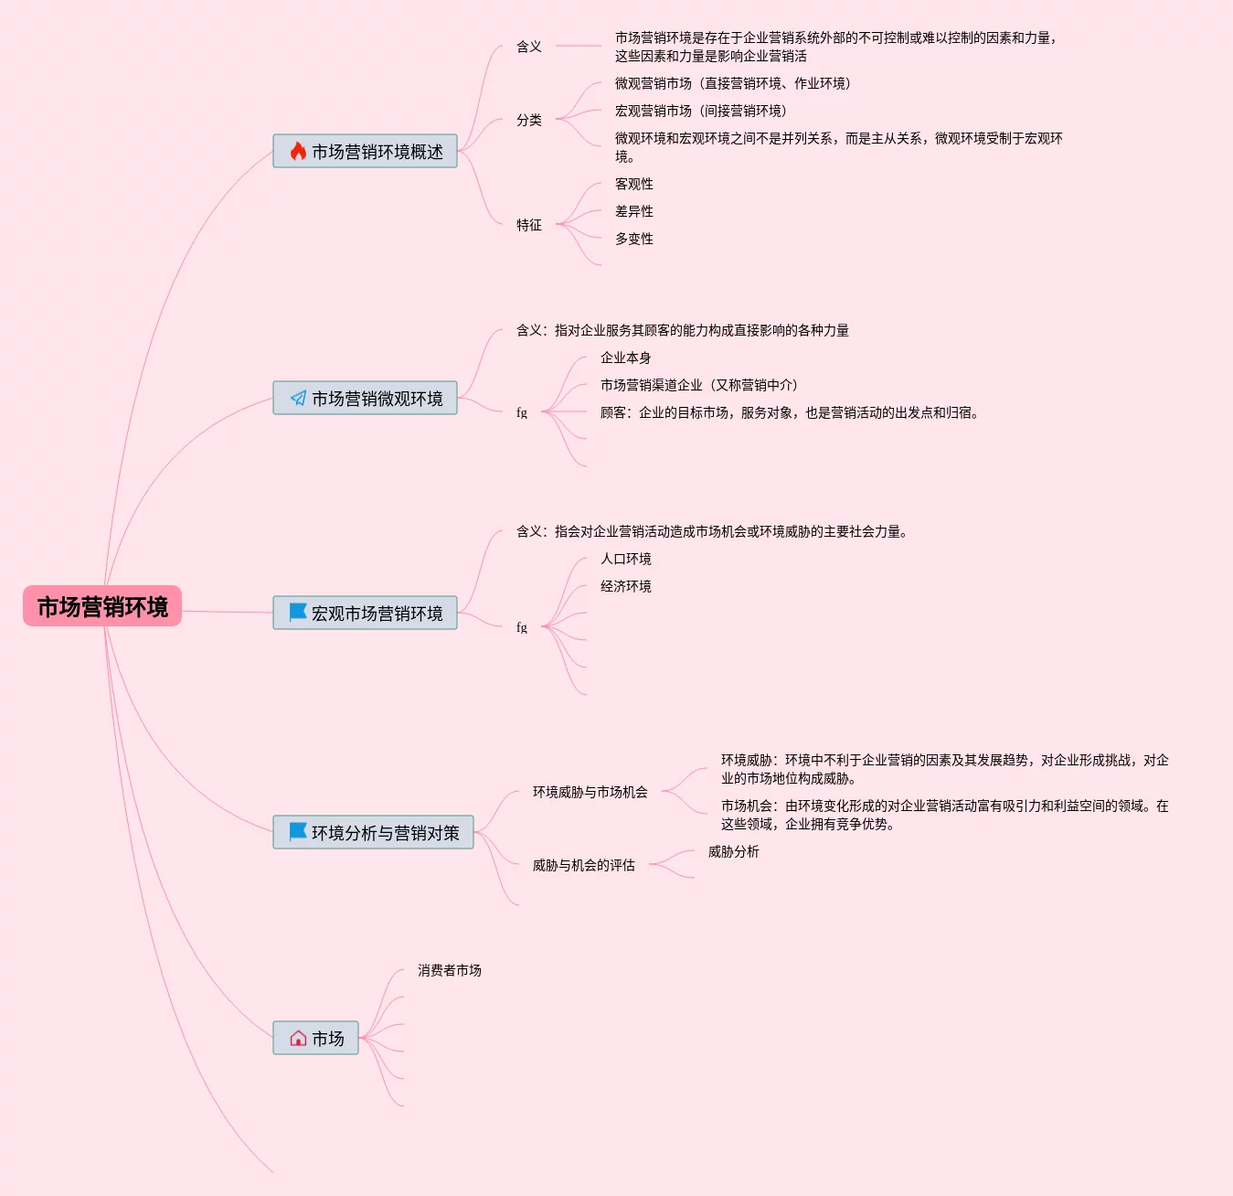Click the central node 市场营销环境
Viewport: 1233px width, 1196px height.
click(x=102, y=606)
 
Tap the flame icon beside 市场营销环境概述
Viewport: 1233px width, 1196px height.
click(x=298, y=152)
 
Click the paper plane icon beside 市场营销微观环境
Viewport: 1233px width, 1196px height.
click(x=298, y=399)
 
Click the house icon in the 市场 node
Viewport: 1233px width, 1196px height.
click(x=298, y=1039)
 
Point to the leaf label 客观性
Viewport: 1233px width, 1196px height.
click(x=633, y=184)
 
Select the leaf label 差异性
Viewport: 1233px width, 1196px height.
click(x=633, y=211)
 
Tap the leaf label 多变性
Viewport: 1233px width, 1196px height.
click(x=633, y=239)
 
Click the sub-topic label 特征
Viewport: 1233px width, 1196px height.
click(x=528, y=225)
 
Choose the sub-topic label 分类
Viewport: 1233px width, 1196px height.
click(x=528, y=120)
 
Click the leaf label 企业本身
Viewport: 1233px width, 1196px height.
click(x=625, y=358)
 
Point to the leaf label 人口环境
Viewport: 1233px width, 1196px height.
click(x=625, y=559)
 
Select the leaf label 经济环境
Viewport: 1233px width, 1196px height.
click(x=625, y=586)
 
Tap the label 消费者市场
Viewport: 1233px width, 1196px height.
click(x=449, y=970)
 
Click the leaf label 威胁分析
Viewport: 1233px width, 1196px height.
click(x=733, y=851)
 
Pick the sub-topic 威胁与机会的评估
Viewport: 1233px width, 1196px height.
click(x=583, y=865)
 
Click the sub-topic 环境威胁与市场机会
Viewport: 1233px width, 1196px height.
click(x=590, y=792)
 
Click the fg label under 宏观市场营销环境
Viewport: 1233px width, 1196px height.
click(x=522, y=627)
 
